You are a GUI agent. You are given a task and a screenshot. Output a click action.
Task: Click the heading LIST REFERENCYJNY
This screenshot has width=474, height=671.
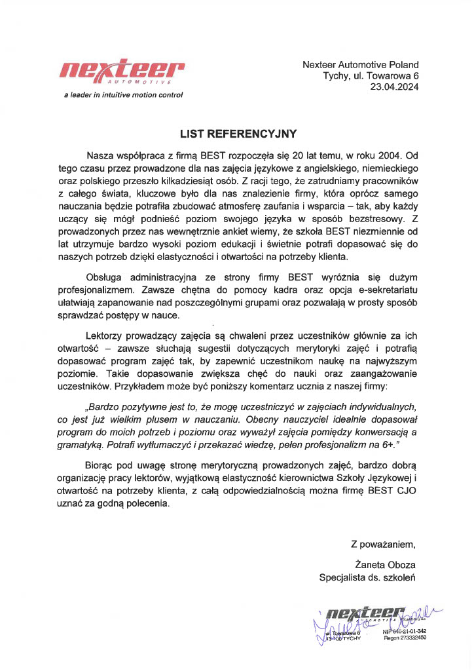[x=238, y=134]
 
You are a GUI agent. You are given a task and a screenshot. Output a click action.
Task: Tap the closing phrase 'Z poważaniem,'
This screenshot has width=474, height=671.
[x=384, y=543]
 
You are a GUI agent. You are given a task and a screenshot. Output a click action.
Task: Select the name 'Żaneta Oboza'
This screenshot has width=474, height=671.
[x=385, y=565]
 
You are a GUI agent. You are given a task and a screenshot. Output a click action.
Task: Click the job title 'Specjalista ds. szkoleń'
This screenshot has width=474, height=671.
[x=367, y=577]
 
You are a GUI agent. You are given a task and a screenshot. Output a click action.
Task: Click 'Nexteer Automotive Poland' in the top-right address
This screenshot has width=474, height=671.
[x=361, y=64]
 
